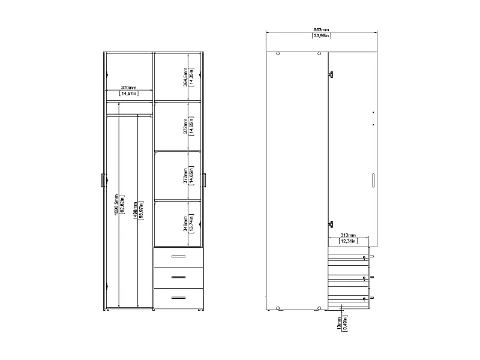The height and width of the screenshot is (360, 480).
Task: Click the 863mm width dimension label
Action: [322, 29]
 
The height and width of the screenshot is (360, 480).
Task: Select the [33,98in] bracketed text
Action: [322, 36]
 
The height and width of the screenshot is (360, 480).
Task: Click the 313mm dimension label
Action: [348, 235]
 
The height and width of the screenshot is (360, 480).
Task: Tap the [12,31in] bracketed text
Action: [348, 242]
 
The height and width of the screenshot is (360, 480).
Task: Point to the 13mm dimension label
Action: [338, 325]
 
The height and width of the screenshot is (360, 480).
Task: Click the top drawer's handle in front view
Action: [179, 257]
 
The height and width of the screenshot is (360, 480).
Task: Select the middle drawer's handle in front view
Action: [179, 277]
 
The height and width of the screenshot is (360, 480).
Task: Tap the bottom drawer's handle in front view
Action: [179, 297]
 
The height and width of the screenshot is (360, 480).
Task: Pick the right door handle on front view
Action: [205, 180]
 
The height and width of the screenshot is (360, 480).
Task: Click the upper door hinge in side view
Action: [330, 74]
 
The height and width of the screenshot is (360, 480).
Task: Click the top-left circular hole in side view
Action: [278, 54]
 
